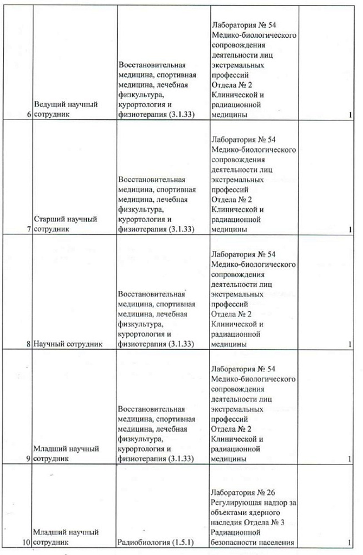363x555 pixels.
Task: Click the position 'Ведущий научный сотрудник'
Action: pyautogui.click(x=66, y=109)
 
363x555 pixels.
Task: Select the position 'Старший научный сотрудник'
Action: pyautogui.click(x=66, y=224)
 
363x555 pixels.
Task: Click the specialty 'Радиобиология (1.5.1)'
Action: pyautogui.click(x=156, y=542)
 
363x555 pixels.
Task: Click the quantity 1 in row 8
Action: pyautogui.click(x=350, y=344)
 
